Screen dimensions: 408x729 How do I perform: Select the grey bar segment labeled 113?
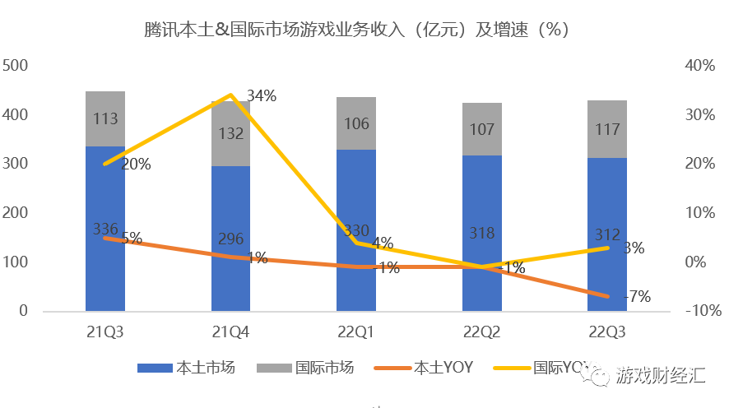tap(105, 119)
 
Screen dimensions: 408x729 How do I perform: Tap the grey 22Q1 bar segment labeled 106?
tap(356, 125)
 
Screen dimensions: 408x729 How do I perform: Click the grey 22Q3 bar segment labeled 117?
tap(607, 129)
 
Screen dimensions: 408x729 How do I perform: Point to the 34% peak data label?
tap(261, 96)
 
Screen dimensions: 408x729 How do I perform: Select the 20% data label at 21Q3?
tap(136, 165)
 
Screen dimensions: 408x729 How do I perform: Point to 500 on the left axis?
tap(16, 66)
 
